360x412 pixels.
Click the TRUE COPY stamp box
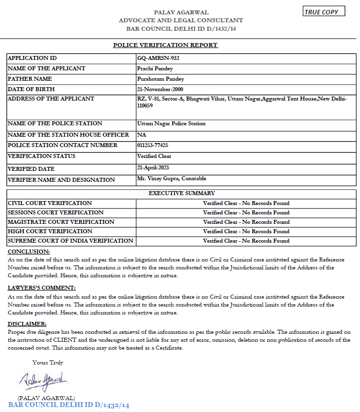[324, 12]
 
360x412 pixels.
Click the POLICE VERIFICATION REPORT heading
[165, 45]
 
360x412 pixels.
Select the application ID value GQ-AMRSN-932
[158, 58]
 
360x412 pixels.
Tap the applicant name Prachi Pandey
[155, 68]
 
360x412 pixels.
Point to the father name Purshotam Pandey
[161, 79]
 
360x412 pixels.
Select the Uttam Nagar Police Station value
[171, 123]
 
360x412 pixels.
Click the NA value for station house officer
[142, 135]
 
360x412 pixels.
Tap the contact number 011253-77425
[153, 145]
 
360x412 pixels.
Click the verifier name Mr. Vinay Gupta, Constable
[171, 178]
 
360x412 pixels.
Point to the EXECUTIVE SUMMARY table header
[182, 193]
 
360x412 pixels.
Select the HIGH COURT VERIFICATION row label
[50, 231]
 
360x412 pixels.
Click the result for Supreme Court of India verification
[246, 241]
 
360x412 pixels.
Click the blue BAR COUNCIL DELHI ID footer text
[69, 405]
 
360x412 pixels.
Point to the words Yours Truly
[48, 362]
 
